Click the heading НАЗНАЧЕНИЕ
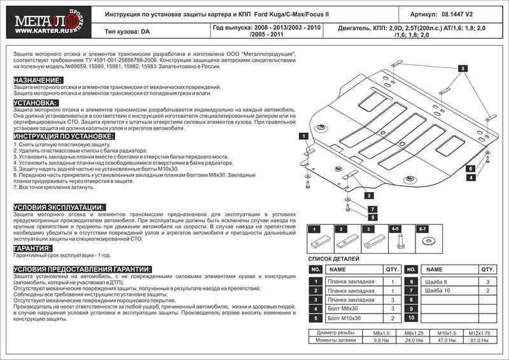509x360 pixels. [38, 80]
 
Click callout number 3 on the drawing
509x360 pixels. [464, 68]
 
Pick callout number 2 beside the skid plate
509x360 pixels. [368, 196]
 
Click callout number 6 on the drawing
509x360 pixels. [472, 169]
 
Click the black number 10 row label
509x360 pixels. [412, 317]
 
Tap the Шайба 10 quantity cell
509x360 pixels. [487, 290]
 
